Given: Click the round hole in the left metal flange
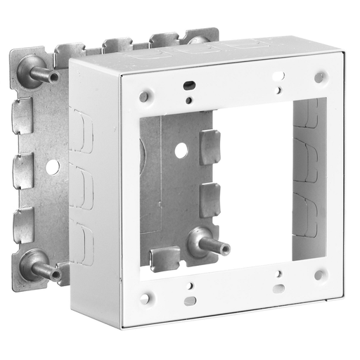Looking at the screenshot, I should tap(51, 167).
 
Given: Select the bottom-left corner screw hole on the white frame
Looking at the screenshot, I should tap(145, 298).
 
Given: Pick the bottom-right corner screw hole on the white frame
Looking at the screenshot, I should tap(320, 274).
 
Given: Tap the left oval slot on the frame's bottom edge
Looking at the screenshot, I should tap(188, 301).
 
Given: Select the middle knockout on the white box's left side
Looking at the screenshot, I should tap(82, 186).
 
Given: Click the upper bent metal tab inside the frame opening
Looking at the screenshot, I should tap(210, 146).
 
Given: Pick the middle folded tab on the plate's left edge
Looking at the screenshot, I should tap(25, 169).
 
